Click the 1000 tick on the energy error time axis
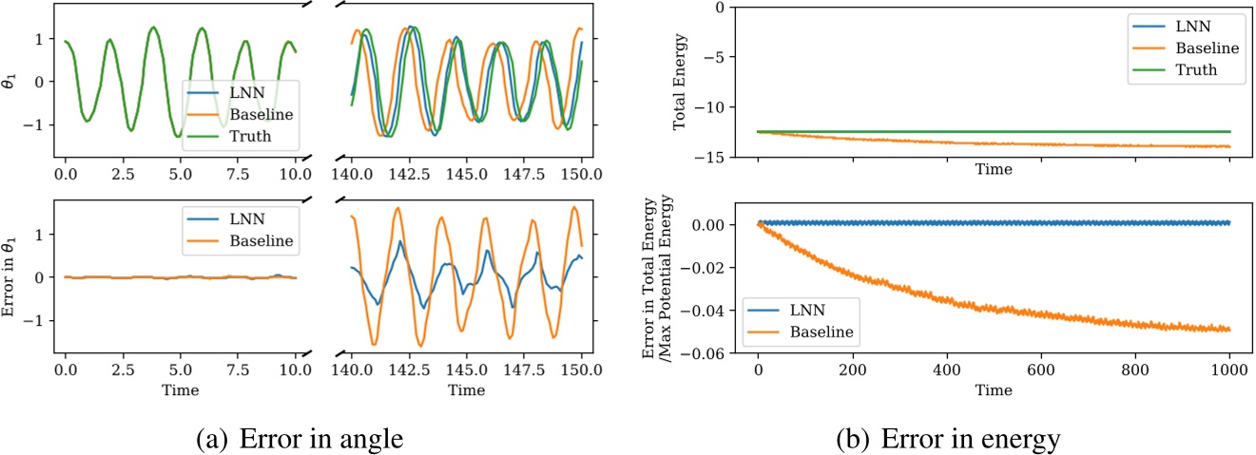pyautogui.click(x=1229, y=371)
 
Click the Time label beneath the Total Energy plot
pyautogui.click(x=993, y=170)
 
